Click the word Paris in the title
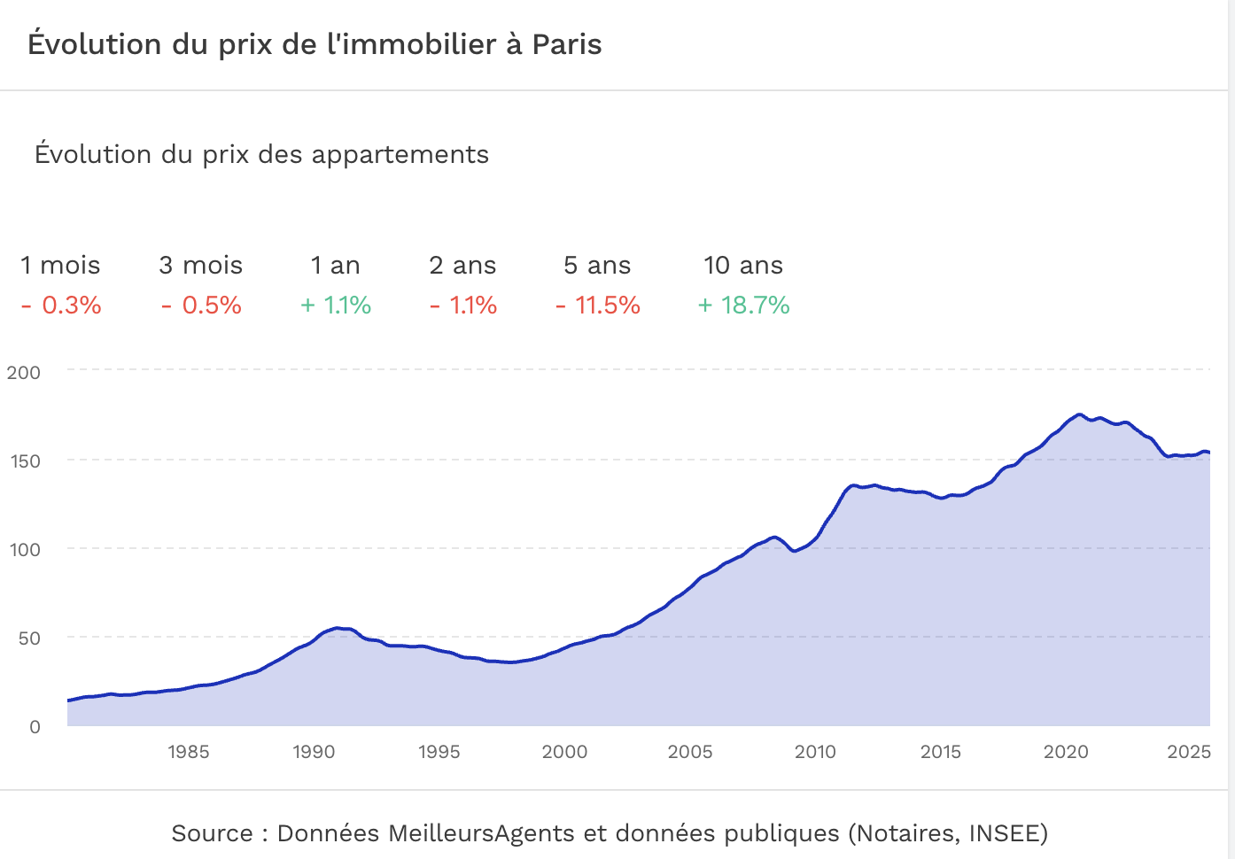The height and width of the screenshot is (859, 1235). point(566,44)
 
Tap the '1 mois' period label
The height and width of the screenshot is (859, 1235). point(60,266)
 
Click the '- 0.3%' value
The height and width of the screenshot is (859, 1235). point(61,306)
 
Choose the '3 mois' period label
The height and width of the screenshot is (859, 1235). point(201,266)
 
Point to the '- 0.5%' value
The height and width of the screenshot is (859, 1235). point(201,306)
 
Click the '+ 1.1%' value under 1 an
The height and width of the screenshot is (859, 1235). point(336,306)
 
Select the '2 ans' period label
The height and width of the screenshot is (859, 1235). point(462,266)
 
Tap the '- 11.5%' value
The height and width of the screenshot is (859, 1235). point(598,306)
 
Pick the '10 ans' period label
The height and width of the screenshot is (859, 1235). point(743,266)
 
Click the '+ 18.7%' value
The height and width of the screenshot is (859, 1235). point(743,306)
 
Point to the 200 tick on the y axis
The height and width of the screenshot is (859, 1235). point(24,372)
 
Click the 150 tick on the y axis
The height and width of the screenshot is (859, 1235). point(24,460)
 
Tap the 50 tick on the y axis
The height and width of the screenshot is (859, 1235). point(29,638)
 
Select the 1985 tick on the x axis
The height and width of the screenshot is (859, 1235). point(189,752)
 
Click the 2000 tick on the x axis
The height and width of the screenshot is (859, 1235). point(564,752)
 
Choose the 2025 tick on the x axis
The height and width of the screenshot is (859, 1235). point(1189,752)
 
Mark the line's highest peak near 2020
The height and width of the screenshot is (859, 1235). point(1078,414)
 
